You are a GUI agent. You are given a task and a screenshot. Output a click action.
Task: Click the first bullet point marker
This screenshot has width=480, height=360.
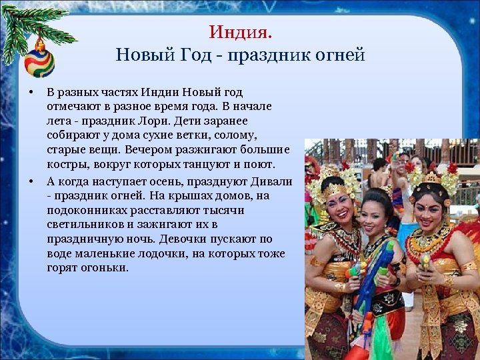(x=31, y=91)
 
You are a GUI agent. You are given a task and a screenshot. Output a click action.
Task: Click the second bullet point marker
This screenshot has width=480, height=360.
(x=31, y=181)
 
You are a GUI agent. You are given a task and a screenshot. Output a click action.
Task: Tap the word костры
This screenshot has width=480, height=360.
(x=65, y=165)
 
